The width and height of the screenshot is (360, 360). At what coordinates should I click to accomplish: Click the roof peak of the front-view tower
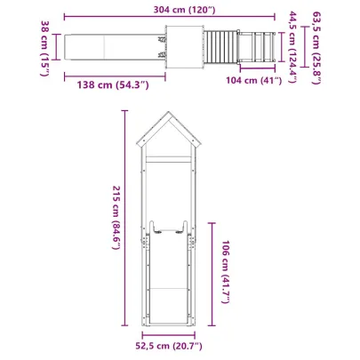(x=169, y=113)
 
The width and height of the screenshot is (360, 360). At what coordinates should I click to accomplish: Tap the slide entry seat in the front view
(x=169, y=228)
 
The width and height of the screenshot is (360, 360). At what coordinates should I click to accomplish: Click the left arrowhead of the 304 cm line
(x=60, y=20)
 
